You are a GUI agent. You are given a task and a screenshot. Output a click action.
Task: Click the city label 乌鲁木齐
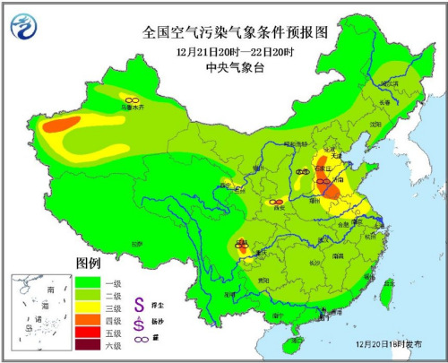click(x=132, y=108)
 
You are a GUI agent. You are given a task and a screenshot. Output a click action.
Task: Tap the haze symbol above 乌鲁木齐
click(x=132, y=99)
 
